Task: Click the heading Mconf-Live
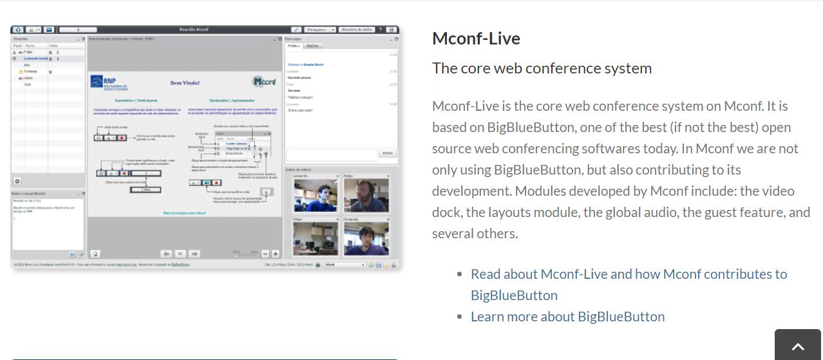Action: click(476, 39)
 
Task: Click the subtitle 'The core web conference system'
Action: click(542, 68)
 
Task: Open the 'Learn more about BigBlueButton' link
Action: click(567, 317)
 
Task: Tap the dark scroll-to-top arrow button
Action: click(798, 346)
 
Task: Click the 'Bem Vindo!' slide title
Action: click(185, 82)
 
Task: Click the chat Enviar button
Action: click(387, 153)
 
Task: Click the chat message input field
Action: click(332, 154)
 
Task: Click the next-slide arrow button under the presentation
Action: click(194, 254)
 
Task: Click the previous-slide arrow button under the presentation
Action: click(166, 254)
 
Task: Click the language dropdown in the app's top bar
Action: click(320, 30)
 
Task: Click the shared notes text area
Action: click(48, 222)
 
